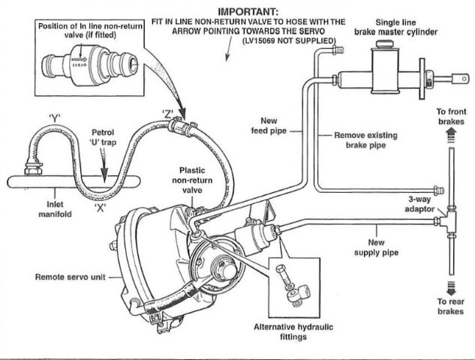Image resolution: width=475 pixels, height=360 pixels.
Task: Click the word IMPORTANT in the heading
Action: point(248,12)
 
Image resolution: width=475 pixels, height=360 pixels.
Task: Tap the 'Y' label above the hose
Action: point(55,117)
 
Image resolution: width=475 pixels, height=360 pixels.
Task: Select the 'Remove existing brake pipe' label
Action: point(365,140)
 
